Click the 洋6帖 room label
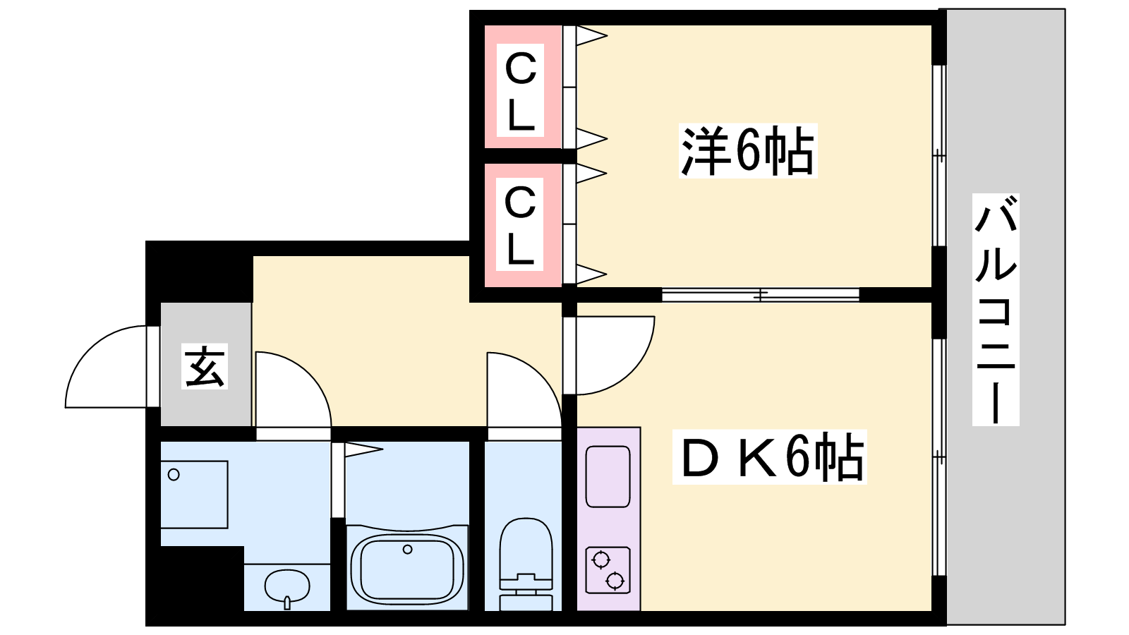[x=748, y=150]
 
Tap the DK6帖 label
[x=770, y=457]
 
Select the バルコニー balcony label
[x=996, y=310]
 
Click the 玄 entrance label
[x=204, y=366]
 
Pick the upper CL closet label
[x=520, y=90]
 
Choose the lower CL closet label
[x=519, y=224]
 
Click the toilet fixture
[x=526, y=564]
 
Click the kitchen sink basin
[x=608, y=476]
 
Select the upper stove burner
[x=600, y=560]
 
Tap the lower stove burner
[x=615, y=581]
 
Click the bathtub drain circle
[x=407, y=550]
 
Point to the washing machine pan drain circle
[x=174, y=475]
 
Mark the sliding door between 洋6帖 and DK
[x=760, y=294]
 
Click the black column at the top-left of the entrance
[x=199, y=272]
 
